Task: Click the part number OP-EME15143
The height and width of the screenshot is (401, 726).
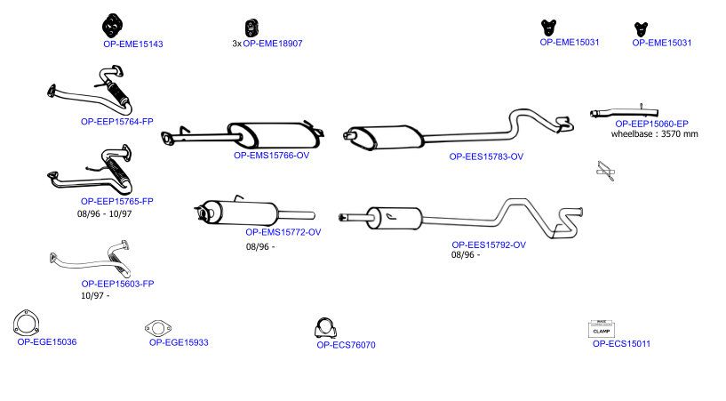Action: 133,44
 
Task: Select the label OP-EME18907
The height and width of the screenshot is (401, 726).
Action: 273,44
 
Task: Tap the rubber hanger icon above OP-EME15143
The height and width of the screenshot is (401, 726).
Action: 112,26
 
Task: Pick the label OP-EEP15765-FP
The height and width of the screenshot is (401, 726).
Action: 116,202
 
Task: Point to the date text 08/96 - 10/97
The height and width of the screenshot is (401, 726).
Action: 104,214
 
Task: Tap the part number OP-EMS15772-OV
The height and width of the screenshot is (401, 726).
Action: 283,232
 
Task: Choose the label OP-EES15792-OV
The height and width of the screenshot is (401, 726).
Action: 489,245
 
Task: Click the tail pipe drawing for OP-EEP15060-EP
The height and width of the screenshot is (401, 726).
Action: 624,113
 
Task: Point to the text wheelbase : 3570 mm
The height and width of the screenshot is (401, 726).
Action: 654,134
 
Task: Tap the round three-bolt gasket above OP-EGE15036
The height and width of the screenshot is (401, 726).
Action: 26,323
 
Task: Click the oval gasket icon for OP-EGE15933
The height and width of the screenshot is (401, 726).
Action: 158,328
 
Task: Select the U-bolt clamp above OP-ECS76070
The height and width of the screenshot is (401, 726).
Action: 325,328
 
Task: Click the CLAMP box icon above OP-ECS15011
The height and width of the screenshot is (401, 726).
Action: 602,328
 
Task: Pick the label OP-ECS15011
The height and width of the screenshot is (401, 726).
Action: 621,343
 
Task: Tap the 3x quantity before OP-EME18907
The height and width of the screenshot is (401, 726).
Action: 236,44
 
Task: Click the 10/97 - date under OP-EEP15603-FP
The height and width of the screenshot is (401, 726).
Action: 95,295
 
